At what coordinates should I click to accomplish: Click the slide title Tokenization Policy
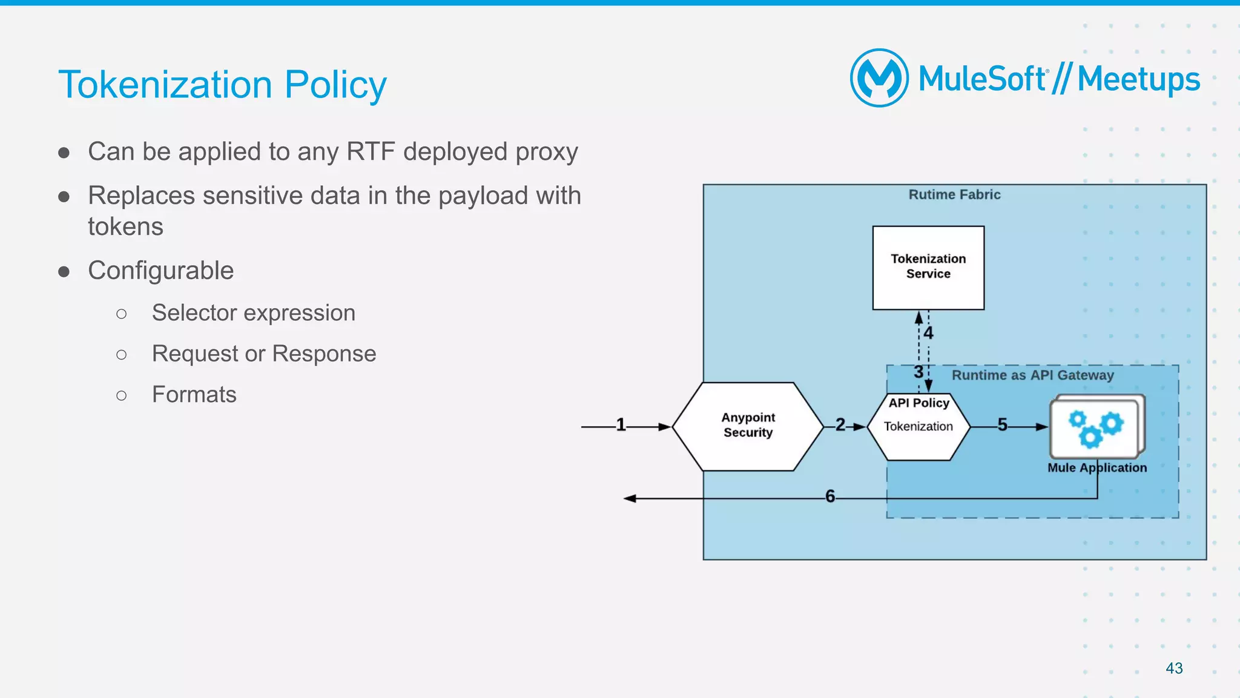coord(222,84)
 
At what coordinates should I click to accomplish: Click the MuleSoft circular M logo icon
coord(879,78)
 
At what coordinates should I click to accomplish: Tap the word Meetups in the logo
coord(1138,79)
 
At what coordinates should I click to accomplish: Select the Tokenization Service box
coord(928,267)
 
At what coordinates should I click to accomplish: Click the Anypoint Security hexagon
coord(748,426)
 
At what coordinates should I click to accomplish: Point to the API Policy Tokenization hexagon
coord(918,426)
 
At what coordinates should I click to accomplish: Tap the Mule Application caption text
coord(1097,467)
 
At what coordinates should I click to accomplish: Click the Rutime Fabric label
coord(954,194)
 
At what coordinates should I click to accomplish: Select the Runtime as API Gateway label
coord(1032,375)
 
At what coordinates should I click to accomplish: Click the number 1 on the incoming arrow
coord(621,424)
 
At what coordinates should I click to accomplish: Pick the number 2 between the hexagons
coord(840,424)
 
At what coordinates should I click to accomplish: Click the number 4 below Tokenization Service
coord(928,332)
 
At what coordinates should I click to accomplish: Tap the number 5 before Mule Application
coord(1002,424)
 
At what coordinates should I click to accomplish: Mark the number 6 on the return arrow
coord(830,496)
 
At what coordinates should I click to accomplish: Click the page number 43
coord(1174,668)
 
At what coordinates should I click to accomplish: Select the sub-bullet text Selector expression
coord(253,313)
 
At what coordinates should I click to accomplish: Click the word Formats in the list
coord(194,395)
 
